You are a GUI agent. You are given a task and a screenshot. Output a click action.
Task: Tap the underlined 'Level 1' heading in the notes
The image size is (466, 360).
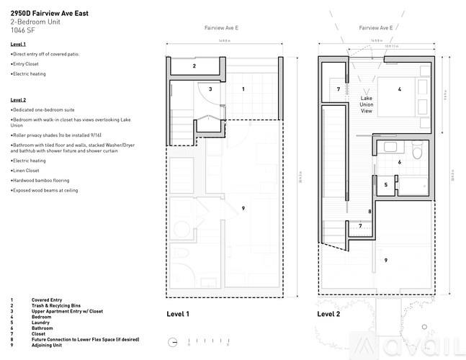19,45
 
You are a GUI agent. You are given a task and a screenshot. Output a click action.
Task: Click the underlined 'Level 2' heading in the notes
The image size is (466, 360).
19,99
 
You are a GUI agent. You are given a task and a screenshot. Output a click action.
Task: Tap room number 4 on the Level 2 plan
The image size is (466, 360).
398,89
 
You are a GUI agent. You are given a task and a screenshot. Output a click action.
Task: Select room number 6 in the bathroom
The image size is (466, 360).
400,162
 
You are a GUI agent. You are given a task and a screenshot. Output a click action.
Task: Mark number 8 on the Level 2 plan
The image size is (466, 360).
369,211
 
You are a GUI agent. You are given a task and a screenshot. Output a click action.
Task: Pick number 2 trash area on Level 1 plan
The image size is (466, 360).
193,66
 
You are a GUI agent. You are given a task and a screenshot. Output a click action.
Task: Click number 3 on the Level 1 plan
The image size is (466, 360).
210,89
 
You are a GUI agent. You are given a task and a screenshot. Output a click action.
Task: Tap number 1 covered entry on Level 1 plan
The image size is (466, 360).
243,89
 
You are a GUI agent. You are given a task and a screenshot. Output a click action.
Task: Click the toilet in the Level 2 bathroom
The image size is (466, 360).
416,153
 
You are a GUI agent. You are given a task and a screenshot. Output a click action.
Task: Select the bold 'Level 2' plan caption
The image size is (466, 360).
328,314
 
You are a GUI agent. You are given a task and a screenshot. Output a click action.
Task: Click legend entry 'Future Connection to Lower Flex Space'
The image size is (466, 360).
85,339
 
